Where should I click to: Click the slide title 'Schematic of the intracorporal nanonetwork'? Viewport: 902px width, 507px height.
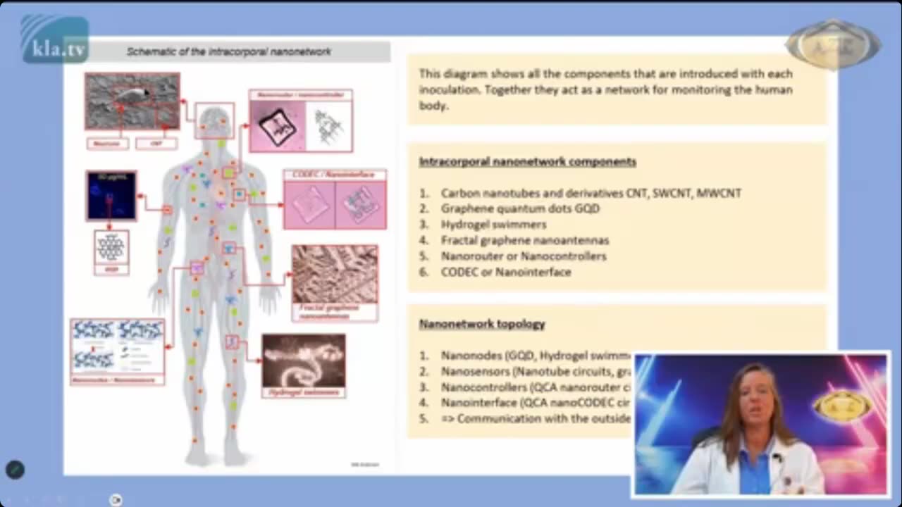tap(228, 51)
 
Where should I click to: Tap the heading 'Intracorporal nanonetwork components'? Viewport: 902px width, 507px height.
tap(527, 161)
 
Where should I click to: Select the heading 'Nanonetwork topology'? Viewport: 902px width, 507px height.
tap(482, 324)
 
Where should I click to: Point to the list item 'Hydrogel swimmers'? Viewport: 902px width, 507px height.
tap(493, 225)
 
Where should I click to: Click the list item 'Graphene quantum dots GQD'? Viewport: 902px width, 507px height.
tap(520, 208)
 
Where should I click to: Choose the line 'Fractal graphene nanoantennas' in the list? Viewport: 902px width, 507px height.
tap(525, 240)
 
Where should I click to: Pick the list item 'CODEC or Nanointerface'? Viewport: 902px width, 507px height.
tap(506, 272)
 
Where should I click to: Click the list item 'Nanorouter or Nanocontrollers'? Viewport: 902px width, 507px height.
tap(524, 256)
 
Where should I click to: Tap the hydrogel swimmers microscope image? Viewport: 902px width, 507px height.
tap(304, 361)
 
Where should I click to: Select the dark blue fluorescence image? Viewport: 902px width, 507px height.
tap(111, 195)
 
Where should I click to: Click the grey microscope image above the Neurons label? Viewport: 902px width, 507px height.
tap(132, 101)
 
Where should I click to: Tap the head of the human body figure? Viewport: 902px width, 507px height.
tap(215, 120)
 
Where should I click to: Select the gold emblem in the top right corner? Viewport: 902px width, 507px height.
tap(833, 44)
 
